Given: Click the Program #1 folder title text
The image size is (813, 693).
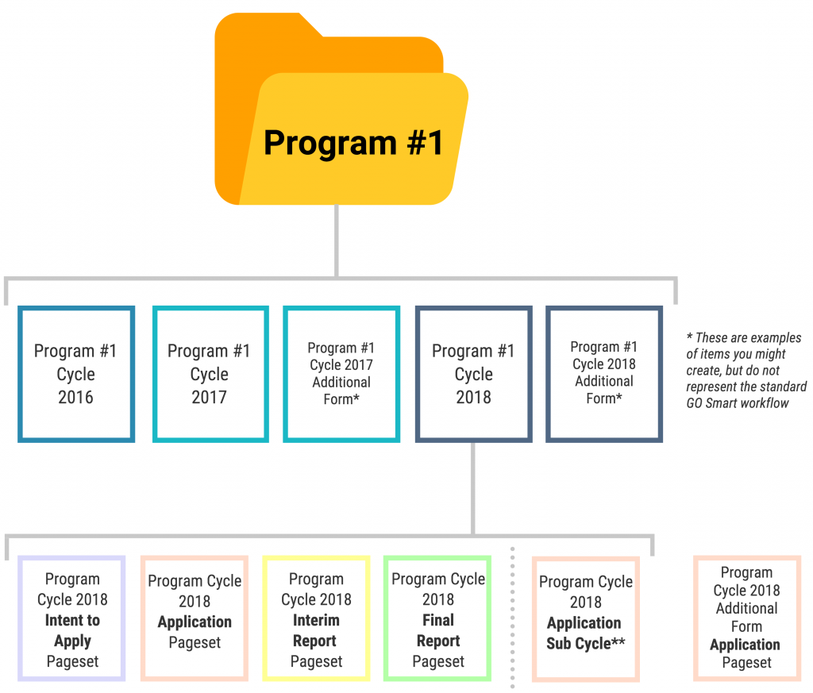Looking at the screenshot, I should [353, 142].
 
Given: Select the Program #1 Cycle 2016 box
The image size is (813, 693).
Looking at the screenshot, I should [76, 374].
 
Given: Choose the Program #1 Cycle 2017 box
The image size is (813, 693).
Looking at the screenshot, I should [210, 374].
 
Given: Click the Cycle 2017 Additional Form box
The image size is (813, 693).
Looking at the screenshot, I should [341, 374].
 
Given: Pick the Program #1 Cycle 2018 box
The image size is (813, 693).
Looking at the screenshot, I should [474, 374].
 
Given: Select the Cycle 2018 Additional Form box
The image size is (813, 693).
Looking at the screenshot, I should [604, 373].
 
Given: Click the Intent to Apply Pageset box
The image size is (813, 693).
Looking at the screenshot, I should [72, 619].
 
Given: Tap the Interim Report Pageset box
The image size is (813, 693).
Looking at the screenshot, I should [316, 619].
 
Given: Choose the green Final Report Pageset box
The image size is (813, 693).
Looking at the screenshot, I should [437, 619].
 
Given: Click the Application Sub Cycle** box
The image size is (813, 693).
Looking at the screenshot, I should [586, 619].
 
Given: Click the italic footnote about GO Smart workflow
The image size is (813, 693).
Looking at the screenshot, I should [746, 371].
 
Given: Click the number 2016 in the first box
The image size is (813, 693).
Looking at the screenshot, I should [76, 397].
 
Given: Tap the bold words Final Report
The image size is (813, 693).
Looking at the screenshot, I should [437, 630].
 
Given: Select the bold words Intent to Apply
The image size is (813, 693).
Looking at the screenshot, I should [72, 630].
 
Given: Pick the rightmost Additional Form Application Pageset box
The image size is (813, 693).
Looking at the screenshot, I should [746, 618].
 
